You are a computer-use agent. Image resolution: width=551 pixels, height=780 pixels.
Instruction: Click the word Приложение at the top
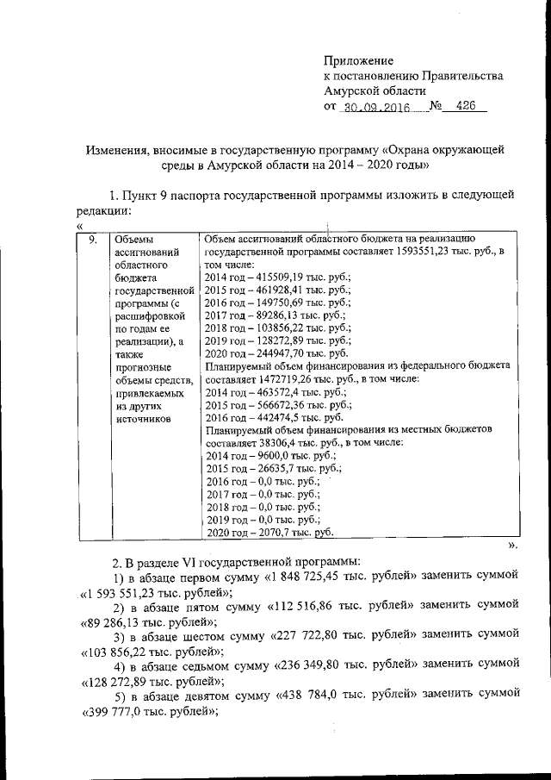(358, 60)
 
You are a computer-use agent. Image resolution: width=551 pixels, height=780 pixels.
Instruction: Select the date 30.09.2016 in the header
(376, 109)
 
